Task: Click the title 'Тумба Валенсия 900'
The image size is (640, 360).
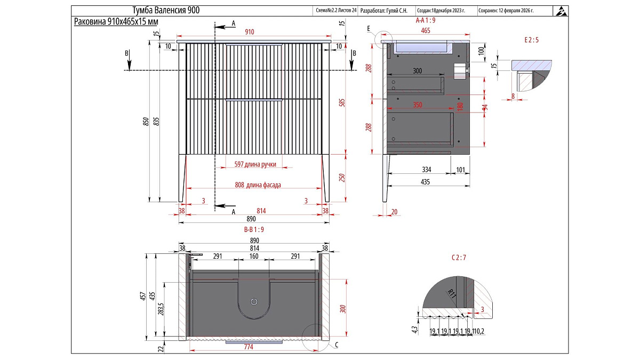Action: tap(166, 11)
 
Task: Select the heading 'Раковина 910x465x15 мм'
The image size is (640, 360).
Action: tap(116, 21)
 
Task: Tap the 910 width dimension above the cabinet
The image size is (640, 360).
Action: tap(250, 31)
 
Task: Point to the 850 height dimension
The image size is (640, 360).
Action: tap(146, 122)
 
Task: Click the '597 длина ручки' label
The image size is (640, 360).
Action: tap(255, 164)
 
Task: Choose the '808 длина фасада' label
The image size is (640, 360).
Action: tap(258, 185)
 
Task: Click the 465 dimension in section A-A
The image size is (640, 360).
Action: tap(426, 30)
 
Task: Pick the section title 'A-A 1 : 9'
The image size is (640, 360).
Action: tap(426, 20)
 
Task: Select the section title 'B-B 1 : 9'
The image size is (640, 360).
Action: tap(254, 229)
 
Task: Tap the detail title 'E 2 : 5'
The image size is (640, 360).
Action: tap(531, 40)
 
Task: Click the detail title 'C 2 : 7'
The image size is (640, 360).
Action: tap(459, 258)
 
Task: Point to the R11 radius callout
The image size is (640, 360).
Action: tap(452, 294)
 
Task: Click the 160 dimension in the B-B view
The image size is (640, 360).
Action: tap(254, 256)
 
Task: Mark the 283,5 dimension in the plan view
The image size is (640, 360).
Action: tap(161, 309)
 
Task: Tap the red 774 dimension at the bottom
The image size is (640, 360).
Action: tap(249, 347)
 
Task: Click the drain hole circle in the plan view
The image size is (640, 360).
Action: tap(254, 302)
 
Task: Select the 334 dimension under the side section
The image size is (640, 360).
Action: tap(426, 170)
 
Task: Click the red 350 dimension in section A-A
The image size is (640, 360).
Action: tap(418, 105)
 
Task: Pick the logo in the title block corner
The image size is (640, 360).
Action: tap(561, 11)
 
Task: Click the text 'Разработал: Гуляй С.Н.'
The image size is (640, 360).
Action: tap(383, 11)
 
